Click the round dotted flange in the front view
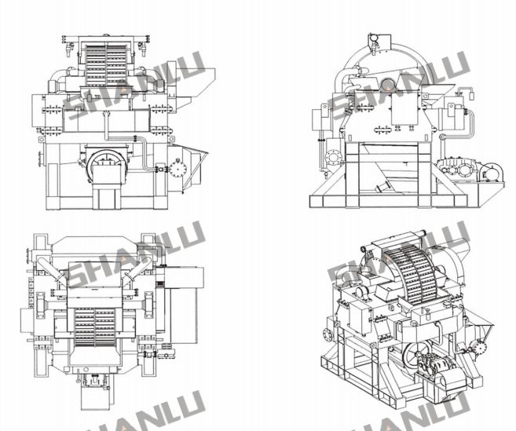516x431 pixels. coord(178,169)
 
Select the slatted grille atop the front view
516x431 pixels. coord(106,64)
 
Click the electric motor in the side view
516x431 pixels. coord(492,172)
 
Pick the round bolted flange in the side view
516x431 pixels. coord(334,157)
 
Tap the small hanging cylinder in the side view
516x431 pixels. coord(471,96)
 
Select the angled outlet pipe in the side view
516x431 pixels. coord(383,186)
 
